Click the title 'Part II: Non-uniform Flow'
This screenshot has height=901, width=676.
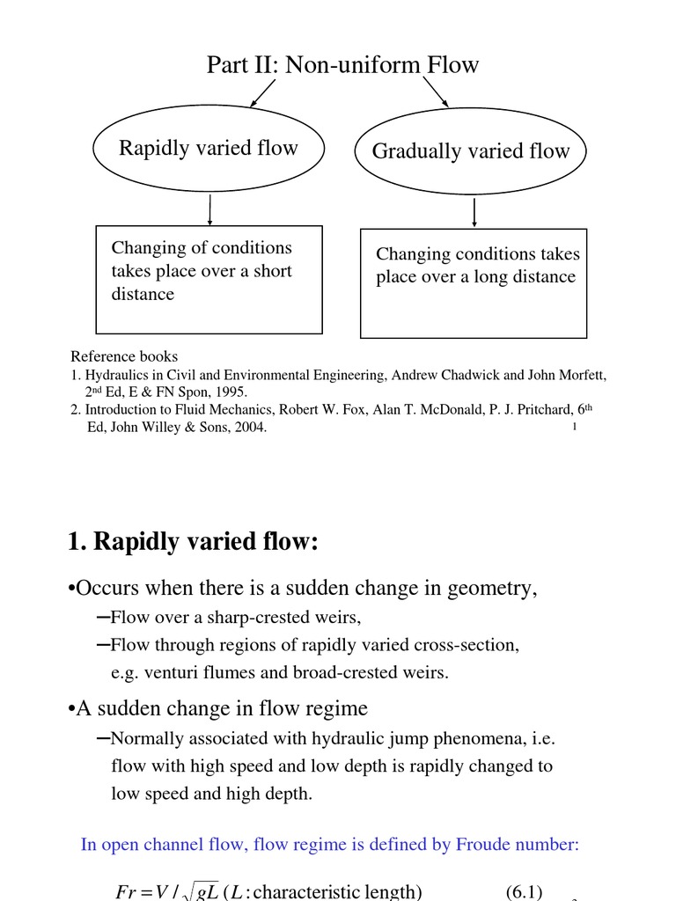point(342,64)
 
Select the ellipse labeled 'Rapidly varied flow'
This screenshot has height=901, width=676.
point(209,148)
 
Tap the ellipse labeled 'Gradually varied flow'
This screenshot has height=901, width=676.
point(471,151)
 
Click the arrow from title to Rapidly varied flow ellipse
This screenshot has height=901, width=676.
point(264,92)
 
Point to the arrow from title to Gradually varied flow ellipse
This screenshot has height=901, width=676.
point(436,91)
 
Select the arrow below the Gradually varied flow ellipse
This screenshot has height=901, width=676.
point(474,213)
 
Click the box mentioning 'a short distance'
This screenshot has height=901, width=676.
point(209,280)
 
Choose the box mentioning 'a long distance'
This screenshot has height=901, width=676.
point(474,283)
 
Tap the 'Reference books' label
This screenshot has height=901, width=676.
point(124,356)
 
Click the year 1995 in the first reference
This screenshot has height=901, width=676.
point(232,392)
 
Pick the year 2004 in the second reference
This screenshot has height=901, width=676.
point(248,428)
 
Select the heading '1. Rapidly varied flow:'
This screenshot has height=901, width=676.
point(192,543)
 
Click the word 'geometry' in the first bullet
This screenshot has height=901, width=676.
point(496,589)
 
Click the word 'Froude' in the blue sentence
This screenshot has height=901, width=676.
point(485,845)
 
